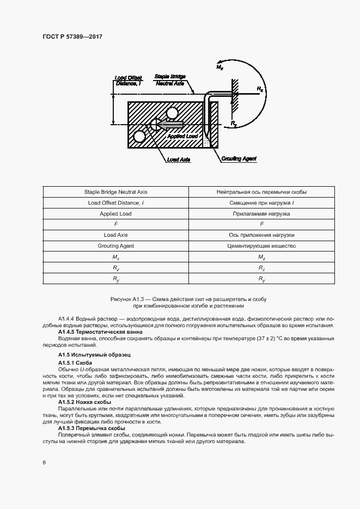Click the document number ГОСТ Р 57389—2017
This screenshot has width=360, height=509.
tap(72, 36)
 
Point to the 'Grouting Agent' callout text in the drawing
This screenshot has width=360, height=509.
tap(239, 159)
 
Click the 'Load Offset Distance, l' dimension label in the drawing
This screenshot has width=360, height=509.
tap(127, 81)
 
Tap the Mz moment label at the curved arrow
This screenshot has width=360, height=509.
tap(219, 67)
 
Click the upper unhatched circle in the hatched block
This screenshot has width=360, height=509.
tap(173, 113)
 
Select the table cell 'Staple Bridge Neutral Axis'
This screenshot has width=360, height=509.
tap(115, 192)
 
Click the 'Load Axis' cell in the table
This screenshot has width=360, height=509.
tap(115, 235)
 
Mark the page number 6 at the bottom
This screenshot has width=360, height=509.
tap(44, 462)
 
